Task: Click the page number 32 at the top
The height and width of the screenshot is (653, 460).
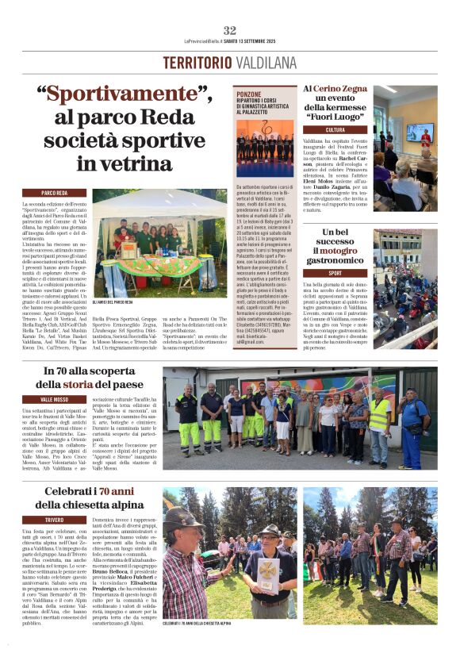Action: pyautogui.click(x=230, y=30)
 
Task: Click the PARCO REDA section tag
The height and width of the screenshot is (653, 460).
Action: pyautogui.click(x=55, y=193)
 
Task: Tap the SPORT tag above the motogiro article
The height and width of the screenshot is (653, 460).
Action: pyautogui.click(x=335, y=273)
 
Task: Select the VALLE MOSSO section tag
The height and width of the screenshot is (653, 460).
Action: pyautogui.click(x=55, y=399)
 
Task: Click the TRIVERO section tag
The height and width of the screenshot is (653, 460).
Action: pyautogui.click(x=55, y=520)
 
